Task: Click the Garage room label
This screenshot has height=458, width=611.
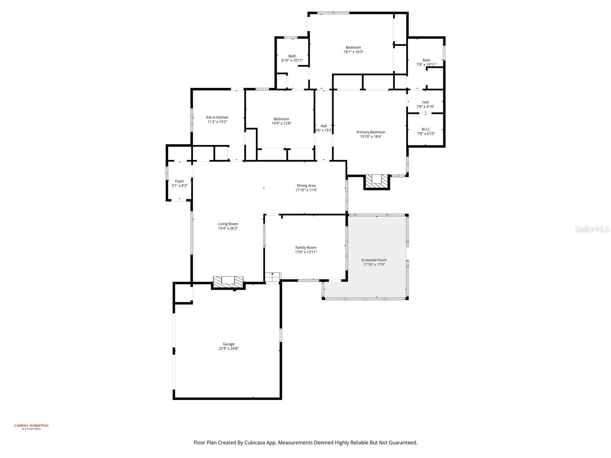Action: [x=229, y=344]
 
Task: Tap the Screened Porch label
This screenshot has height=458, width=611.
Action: [x=374, y=260]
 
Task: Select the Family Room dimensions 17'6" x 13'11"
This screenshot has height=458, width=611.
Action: [x=305, y=252]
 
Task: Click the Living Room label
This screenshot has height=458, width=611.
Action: [x=228, y=224]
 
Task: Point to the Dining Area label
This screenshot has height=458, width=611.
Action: [x=306, y=185]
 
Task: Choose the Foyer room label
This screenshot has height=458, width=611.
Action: [x=179, y=181]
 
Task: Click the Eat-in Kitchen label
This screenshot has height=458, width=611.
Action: [x=217, y=117]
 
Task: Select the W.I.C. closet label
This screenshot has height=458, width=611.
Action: [x=426, y=129]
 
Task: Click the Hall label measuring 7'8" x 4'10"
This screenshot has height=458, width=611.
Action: [x=425, y=102]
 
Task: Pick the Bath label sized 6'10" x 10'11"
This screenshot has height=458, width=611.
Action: [x=292, y=56]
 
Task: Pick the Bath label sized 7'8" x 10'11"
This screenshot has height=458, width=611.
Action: [x=426, y=60]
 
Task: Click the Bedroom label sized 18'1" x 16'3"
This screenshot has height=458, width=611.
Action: [x=353, y=47]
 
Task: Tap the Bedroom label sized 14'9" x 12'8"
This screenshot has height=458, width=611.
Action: [x=281, y=119]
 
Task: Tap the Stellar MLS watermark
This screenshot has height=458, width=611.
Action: [x=592, y=229]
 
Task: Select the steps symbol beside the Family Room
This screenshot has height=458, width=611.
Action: [x=273, y=277]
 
